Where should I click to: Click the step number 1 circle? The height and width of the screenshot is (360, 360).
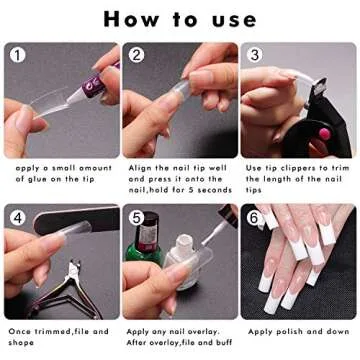coord(16,55)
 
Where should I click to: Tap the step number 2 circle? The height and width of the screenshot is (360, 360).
coord(136,55)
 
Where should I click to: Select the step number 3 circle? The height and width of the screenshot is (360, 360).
coord(254,55)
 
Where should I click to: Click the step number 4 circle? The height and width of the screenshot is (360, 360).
coord(16,215)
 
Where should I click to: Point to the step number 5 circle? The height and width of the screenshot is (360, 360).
coord(136,215)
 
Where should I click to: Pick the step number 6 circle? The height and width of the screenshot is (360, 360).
coord(254,215)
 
